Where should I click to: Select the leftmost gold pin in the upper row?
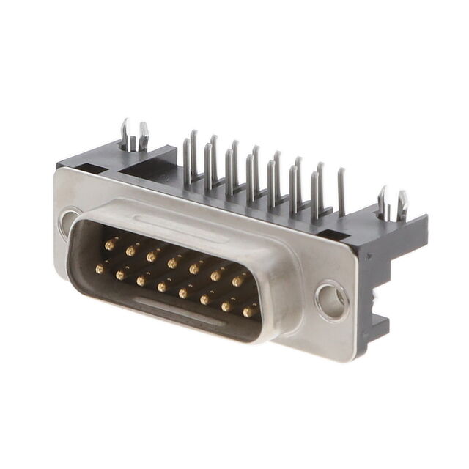111,244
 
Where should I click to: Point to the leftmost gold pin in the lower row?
100,268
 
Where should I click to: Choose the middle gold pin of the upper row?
174,262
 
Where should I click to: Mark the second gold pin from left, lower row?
120,275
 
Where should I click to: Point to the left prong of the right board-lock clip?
382,201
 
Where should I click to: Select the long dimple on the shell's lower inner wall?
180,311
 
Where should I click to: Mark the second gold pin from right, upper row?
217,275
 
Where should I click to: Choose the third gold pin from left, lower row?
141,281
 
